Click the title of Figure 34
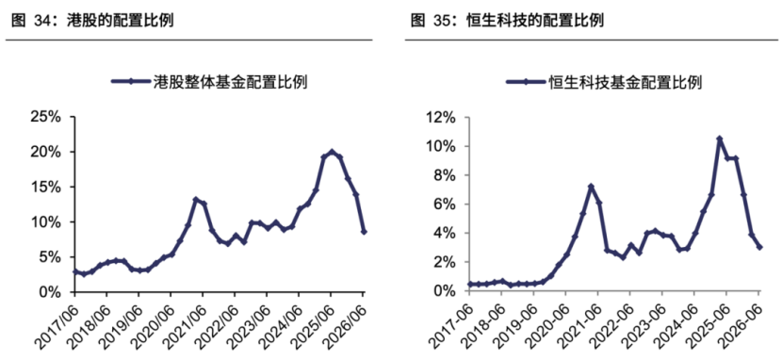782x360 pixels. [92, 21]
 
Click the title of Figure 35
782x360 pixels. [507, 21]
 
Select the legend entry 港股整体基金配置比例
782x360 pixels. [208, 82]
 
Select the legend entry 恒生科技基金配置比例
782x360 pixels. [604, 82]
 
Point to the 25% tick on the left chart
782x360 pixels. [46, 117]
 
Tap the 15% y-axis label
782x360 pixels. [46, 187]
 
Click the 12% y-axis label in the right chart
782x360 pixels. [441, 118]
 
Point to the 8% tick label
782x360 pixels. [445, 175]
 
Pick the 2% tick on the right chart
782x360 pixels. [445, 262]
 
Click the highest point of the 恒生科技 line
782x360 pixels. [720, 139]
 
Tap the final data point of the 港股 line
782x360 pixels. [364, 232]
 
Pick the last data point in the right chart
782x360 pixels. [759, 247]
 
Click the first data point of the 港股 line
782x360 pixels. [75, 271]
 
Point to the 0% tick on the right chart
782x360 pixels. [445, 291]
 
